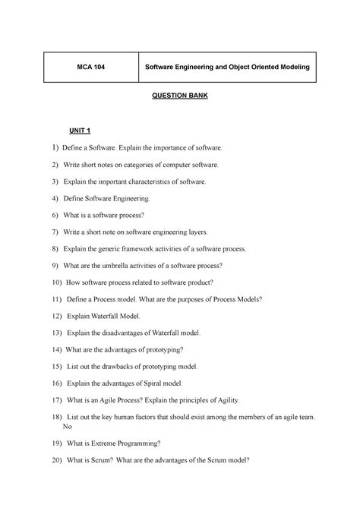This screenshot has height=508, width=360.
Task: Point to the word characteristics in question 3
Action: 151,181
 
